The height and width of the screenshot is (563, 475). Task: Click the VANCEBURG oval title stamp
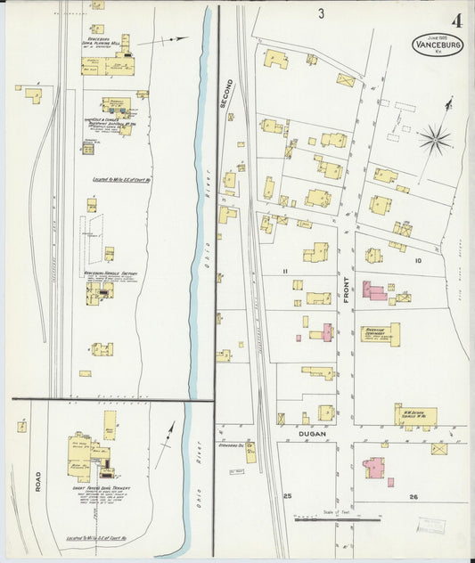coord(438,45)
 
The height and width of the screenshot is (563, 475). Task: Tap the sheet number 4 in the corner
coord(456,20)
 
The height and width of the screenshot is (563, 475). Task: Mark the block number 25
coord(287,495)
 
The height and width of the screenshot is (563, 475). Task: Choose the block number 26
coord(413,496)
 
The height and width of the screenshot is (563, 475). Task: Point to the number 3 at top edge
coord(320,13)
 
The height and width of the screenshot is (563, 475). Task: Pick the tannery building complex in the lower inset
coord(94,454)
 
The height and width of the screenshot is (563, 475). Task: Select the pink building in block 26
coord(374,467)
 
